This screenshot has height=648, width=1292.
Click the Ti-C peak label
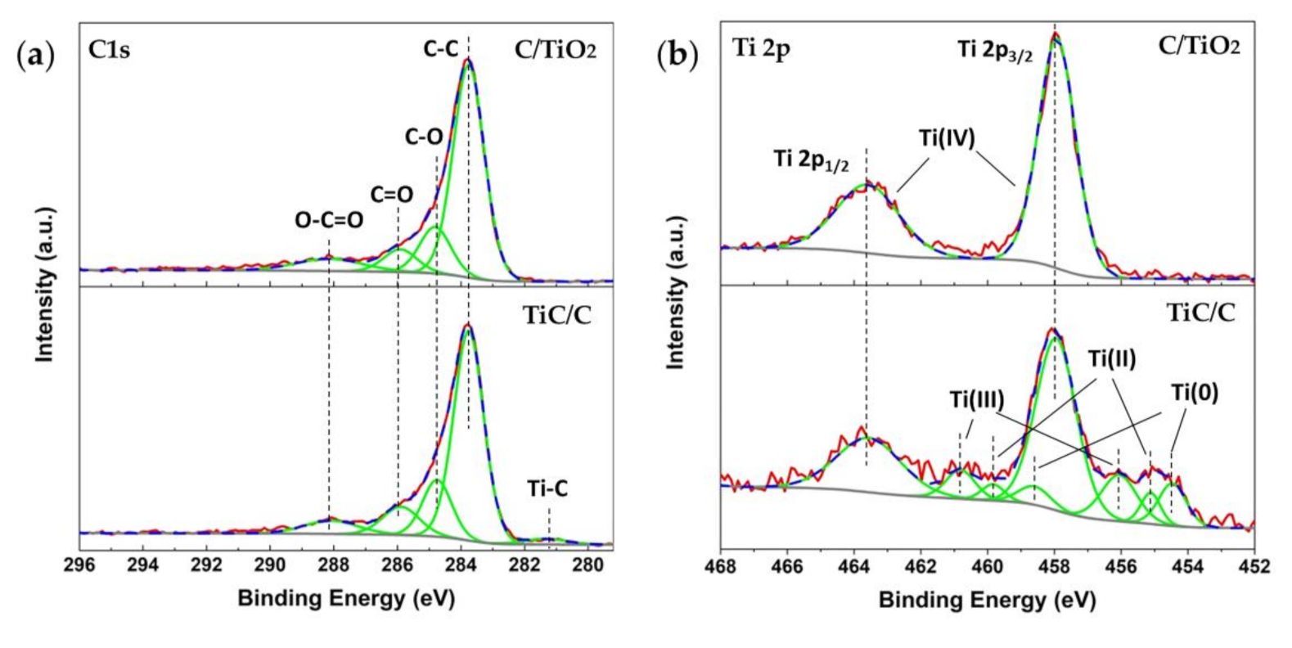[547, 489]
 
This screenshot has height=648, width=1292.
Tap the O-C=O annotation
[329, 220]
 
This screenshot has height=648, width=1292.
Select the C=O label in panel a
[391, 195]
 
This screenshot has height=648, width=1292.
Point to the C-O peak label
[424, 137]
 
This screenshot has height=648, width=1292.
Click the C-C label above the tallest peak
[440, 49]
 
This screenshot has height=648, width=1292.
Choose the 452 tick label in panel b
[1254, 565]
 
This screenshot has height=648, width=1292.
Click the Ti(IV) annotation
[947, 137]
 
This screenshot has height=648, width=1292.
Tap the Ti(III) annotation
[977, 399]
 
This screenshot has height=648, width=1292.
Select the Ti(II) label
[1111, 358]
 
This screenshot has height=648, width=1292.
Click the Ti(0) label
[1195, 394]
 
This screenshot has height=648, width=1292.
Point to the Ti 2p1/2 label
[811, 160]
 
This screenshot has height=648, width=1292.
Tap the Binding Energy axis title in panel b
[987, 600]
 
